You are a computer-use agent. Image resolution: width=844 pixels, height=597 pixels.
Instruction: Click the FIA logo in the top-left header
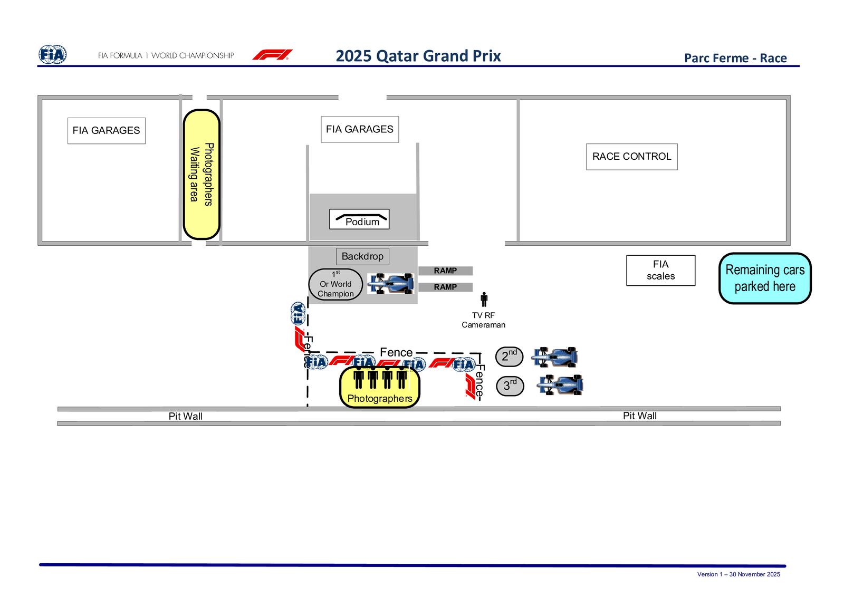coord(53,55)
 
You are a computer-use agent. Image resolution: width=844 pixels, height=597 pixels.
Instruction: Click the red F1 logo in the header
coord(272,55)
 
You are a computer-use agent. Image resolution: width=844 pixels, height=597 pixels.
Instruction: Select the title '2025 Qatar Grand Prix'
coord(418,56)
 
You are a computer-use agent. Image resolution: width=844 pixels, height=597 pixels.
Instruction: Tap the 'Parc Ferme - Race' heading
coord(735,58)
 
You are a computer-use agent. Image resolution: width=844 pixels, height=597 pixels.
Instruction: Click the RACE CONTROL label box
coord(631,157)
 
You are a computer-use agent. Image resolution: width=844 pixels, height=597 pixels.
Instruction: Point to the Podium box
coord(359,219)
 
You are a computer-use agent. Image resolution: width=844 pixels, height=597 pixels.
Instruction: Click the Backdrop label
coord(362,256)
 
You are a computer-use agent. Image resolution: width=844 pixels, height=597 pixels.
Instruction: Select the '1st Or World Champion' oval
coord(335,285)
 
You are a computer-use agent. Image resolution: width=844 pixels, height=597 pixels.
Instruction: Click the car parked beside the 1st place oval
coord(390,283)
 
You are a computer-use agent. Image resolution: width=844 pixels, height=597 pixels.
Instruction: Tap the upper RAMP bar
coord(445,271)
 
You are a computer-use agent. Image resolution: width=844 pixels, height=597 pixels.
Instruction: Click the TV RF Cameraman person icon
coord(484,300)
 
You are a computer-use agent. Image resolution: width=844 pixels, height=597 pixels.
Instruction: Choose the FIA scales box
coord(660,271)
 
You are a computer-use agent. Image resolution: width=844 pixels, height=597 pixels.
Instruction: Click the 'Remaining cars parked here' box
coord(765,278)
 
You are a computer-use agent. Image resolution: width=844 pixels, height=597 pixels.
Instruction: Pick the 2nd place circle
coord(509,357)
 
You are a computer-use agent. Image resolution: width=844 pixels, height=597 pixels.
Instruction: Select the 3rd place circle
coord(510,386)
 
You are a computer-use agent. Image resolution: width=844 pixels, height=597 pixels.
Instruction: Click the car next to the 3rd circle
coord(560,385)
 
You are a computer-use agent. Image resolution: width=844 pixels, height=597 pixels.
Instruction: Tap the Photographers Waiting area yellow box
coord(201,174)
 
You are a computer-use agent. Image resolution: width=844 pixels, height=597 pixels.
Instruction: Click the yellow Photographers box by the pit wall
coord(380,388)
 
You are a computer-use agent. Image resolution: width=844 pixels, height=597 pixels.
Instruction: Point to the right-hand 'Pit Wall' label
coord(639,416)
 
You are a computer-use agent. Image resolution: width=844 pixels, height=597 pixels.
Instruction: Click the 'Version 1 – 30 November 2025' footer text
coord(738,574)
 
